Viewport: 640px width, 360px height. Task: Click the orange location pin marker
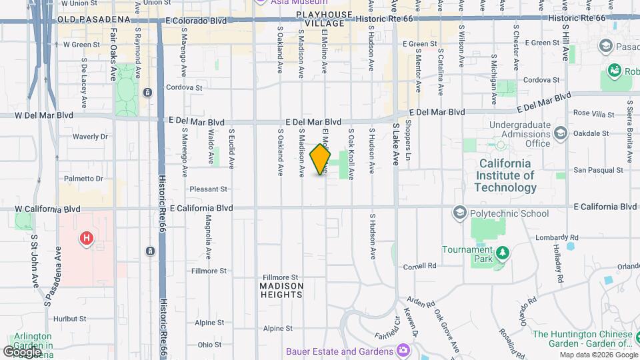[x=320, y=159]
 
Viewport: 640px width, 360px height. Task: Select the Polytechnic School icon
[x=459, y=213]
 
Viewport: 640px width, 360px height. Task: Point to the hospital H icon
[x=86, y=238]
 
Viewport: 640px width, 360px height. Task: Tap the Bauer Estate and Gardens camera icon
[x=403, y=351]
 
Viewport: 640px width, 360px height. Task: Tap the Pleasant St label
[x=209, y=189]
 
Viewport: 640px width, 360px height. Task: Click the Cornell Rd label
[x=419, y=266]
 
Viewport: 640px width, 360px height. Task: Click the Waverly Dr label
[x=90, y=137]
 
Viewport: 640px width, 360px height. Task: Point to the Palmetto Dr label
[x=83, y=179]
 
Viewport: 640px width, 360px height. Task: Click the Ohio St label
[x=209, y=345]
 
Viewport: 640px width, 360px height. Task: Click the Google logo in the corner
[x=22, y=351]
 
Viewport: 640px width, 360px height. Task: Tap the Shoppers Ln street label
[x=408, y=143]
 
